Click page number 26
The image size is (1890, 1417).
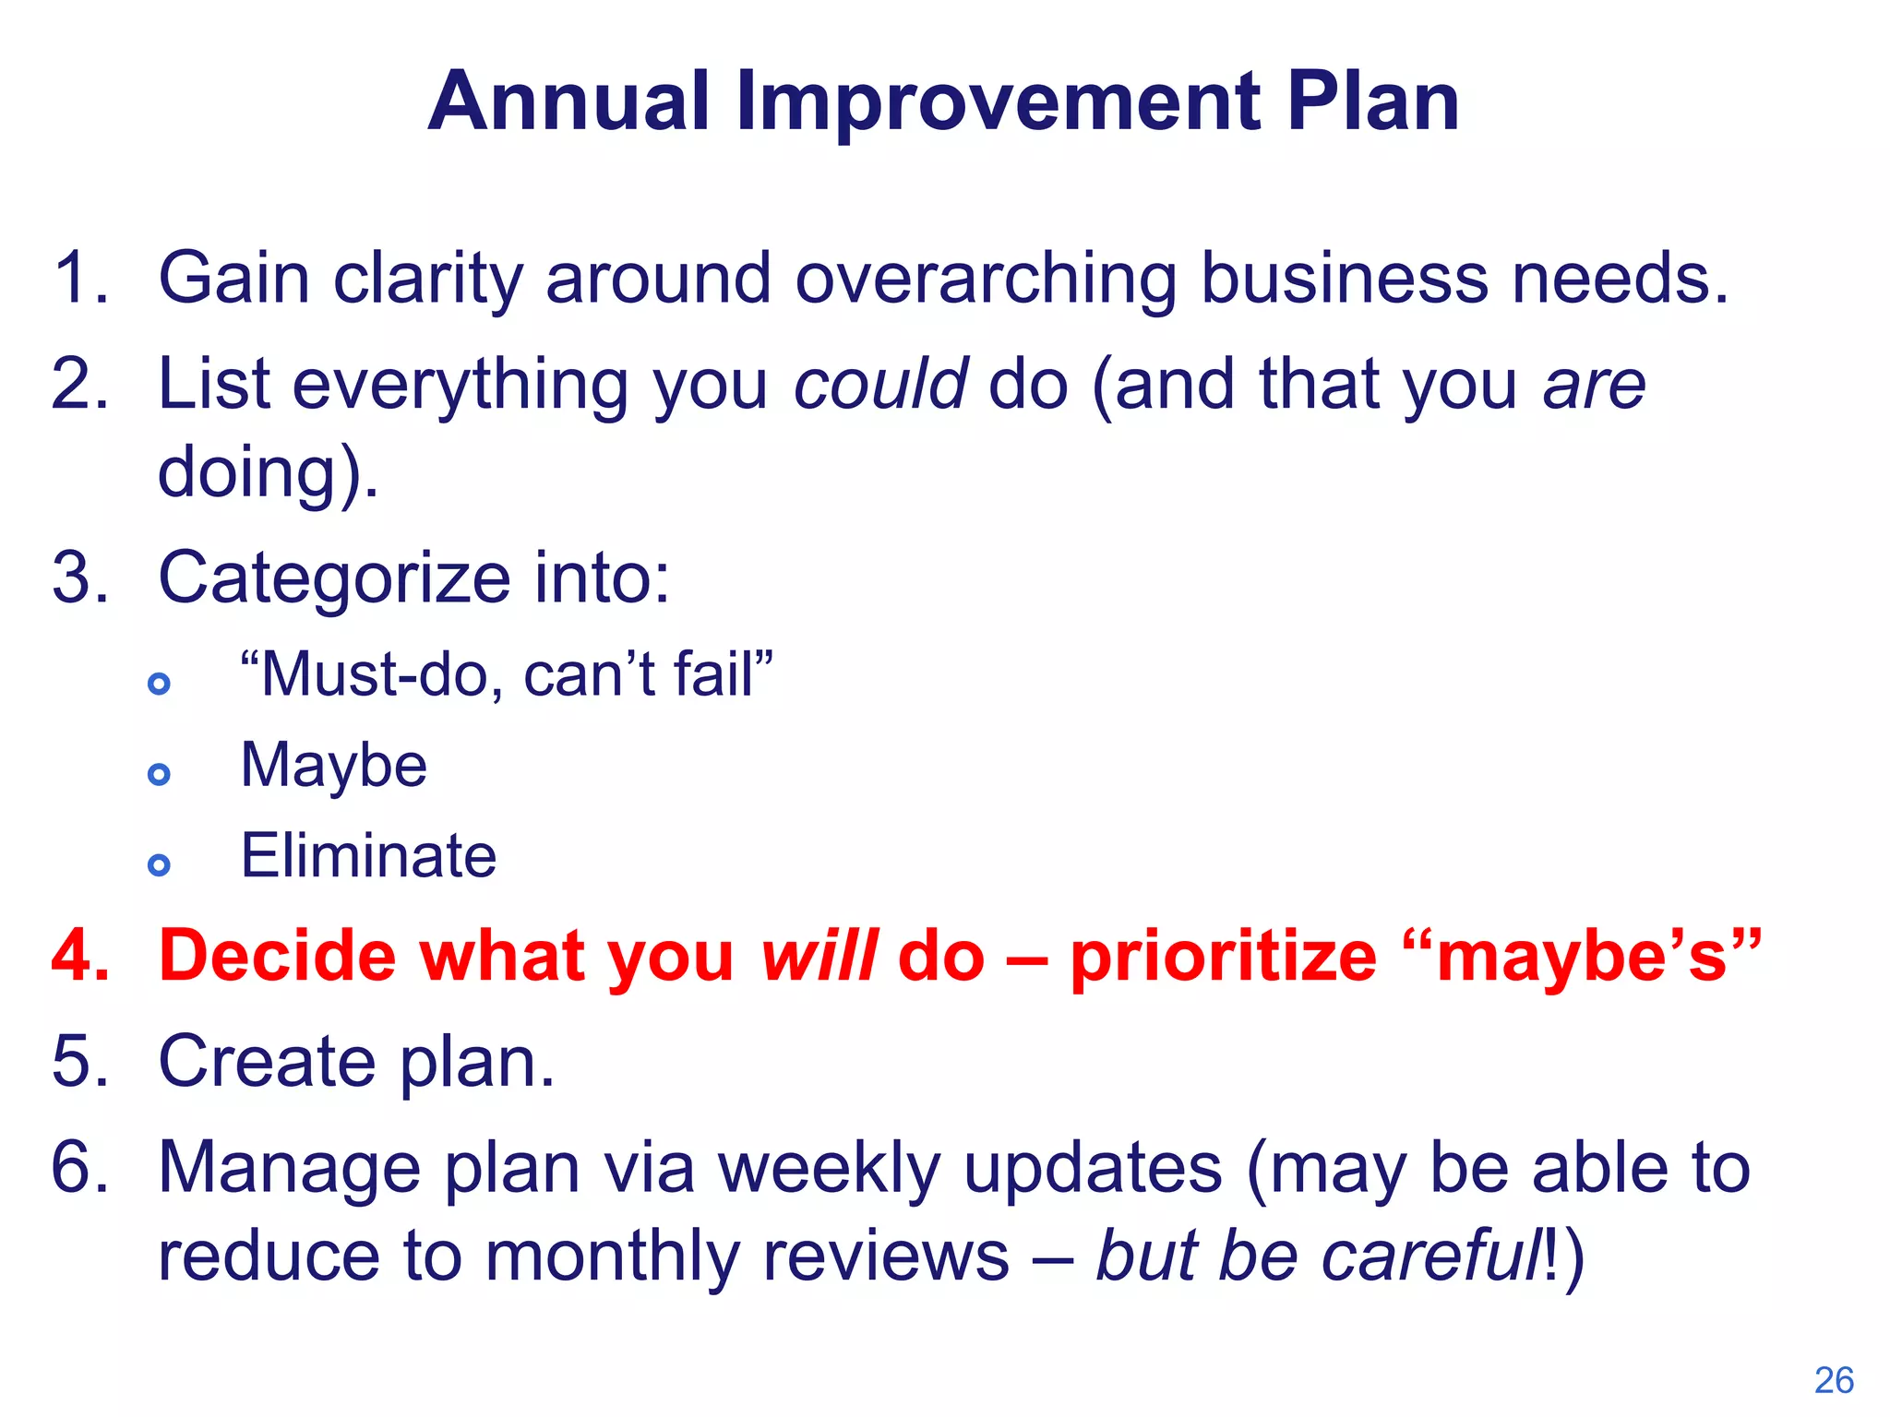pyautogui.click(x=1833, y=1380)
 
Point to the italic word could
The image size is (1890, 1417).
pyautogui.click(x=880, y=384)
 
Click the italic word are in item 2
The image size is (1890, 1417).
pyautogui.click(x=1594, y=386)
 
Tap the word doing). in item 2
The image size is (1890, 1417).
pyautogui.click(x=268, y=472)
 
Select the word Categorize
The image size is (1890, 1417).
pyautogui.click(x=334, y=579)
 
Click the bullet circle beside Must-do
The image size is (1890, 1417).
pyautogui.click(x=159, y=684)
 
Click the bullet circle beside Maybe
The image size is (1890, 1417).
pyautogui.click(x=159, y=774)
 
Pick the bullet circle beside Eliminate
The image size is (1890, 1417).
pyautogui.click(x=159, y=864)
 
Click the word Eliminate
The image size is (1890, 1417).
pyautogui.click(x=368, y=855)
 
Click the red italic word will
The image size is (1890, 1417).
pyautogui.click(x=818, y=956)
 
